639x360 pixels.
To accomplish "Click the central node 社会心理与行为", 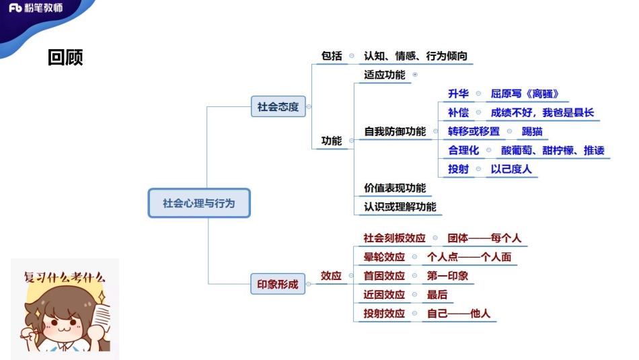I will (198, 203).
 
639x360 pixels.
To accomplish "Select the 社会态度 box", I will (278, 106).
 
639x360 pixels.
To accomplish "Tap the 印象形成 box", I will (278, 285).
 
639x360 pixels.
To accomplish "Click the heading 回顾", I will (65, 58).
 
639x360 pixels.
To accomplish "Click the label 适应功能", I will (385, 75).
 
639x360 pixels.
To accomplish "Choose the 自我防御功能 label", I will (395, 131).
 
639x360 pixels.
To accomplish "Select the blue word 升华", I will (458, 94).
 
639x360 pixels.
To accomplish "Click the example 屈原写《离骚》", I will (525, 94).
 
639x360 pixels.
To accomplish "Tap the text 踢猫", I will (532, 131).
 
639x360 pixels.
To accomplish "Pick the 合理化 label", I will (463, 150).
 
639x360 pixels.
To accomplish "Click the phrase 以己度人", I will (511, 169).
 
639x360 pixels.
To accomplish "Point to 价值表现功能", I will (395, 188).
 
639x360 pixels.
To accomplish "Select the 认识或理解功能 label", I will (400, 207).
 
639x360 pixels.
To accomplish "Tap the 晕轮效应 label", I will (384, 257).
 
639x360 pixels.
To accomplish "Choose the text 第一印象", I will (447, 276).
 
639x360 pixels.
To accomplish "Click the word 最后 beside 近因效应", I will (437, 295).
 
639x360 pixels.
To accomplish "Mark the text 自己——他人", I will (459, 314).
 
